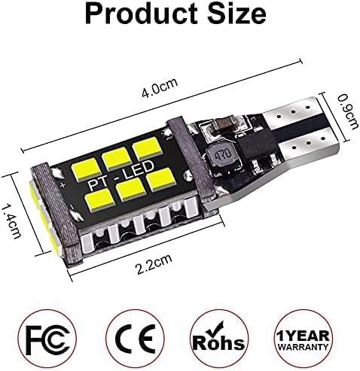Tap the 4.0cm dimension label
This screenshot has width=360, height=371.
tap(160, 88)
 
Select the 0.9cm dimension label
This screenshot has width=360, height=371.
tap(348, 111)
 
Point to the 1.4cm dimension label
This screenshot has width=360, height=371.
tap(12, 221)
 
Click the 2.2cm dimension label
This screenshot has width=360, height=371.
tap(154, 265)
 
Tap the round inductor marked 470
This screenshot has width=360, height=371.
tap(221, 157)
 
